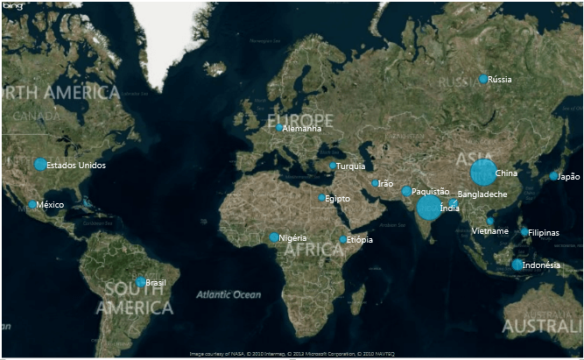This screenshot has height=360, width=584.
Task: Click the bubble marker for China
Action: [482, 173]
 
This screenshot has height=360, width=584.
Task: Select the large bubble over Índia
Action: [428, 208]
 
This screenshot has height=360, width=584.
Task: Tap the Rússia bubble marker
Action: [483, 79]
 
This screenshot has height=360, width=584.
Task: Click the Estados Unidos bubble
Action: [40, 164]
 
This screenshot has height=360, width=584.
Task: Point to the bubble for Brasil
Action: [140, 282]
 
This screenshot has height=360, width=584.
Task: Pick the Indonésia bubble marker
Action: [517, 265]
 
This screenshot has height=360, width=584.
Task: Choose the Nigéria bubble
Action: [274, 237]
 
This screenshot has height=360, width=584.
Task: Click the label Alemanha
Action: [302, 129]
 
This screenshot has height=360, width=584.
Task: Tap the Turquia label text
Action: [351, 166]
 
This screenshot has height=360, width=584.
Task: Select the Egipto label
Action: [337, 199]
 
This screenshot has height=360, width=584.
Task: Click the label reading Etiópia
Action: [359, 240]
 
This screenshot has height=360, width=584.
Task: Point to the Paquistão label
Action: [430, 191]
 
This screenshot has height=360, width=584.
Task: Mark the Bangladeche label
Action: [482, 194]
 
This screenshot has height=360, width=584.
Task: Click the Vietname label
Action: [489, 230]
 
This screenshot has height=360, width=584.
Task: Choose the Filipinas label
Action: [544, 233]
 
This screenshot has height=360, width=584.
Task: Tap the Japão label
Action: [569, 176]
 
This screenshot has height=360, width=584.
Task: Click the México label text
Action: [51, 205]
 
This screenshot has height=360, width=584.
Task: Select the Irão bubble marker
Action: [375, 183]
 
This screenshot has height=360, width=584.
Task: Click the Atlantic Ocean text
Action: [229, 295]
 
